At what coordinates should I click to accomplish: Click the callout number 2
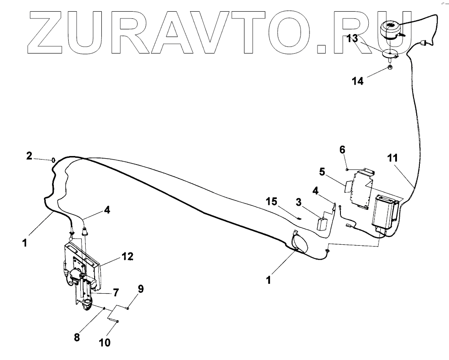(x=29, y=156)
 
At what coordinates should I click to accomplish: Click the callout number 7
(x=115, y=293)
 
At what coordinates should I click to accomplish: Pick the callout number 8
(x=77, y=337)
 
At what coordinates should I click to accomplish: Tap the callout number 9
(x=140, y=289)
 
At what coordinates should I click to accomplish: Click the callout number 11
(x=392, y=158)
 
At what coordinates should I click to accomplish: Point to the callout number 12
(x=127, y=256)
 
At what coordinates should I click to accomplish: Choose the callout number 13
(x=352, y=39)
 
